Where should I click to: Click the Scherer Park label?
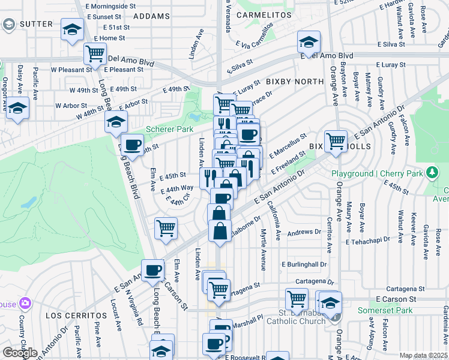click(x=169, y=129)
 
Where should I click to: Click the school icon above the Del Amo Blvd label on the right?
click(x=309, y=41)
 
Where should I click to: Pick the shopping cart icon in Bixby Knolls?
click(x=336, y=140)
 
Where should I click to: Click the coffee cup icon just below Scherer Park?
click(x=132, y=144)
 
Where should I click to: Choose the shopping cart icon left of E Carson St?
click(x=297, y=298)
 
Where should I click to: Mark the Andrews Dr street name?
click(x=304, y=232)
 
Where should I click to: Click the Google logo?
click(x=19, y=353)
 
